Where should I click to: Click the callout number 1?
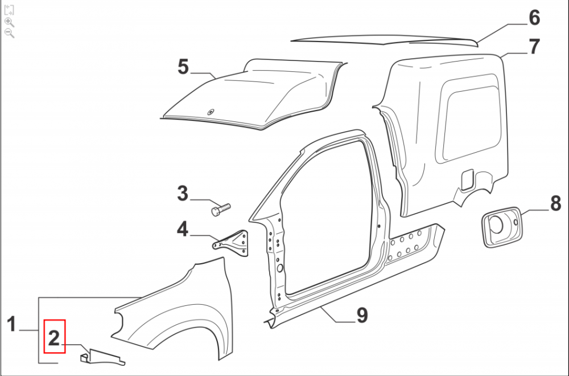pyautogui.click(x=11, y=324)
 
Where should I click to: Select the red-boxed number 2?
pyautogui.click(x=54, y=338)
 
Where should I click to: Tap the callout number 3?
pyautogui.click(x=183, y=193)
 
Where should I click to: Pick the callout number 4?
pyautogui.click(x=183, y=229)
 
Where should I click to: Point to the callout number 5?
pyautogui.click(x=183, y=67)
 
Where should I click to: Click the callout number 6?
pyautogui.click(x=534, y=18)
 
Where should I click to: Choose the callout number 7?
pyautogui.click(x=534, y=47)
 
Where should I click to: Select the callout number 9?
pyautogui.click(x=362, y=315)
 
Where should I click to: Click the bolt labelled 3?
pyautogui.click(x=220, y=210)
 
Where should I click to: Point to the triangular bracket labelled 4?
pyautogui.click(x=232, y=243)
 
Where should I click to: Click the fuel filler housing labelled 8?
pyautogui.click(x=502, y=227)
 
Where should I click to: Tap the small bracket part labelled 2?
pyautogui.click(x=102, y=357)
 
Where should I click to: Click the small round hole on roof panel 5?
pyautogui.click(x=211, y=112)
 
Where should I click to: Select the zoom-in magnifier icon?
pyautogui.click(x=10, y=22)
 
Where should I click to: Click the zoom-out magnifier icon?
pyautogui.click(x=10, y=33)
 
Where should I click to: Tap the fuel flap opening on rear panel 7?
pyautogui.click(x=467, y=179)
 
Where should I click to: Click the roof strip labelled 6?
pyautogui.click(x=385, y=40)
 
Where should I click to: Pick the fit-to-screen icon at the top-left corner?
pyautogui.click(x=9, y=10)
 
